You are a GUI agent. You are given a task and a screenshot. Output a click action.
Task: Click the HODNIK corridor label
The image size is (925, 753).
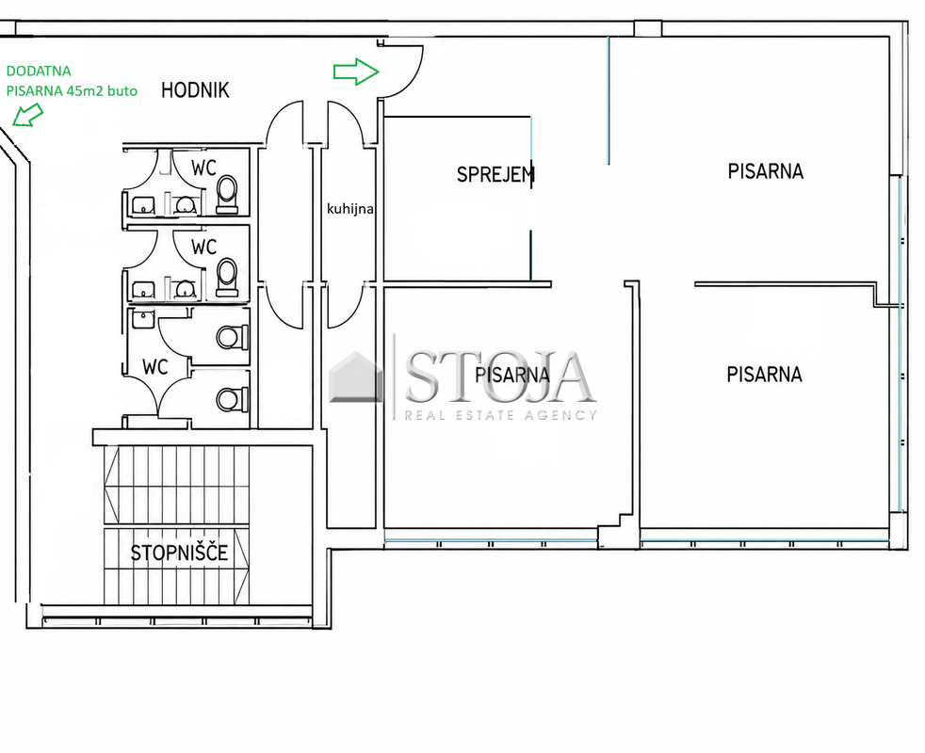[x=195, y=89]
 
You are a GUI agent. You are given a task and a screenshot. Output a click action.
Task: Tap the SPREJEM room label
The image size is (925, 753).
[x=495, y=174]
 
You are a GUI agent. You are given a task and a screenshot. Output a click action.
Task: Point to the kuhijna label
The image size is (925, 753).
[x=350, y=209]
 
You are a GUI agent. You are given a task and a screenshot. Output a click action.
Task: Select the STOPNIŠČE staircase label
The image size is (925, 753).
[x=179, y=553]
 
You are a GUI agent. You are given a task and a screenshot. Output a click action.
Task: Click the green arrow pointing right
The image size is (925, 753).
[x=356, y=72]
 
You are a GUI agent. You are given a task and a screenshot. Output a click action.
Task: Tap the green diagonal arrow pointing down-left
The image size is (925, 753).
[x=27, y=115]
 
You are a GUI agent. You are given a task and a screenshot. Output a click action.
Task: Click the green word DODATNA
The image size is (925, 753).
[x=39, y=71]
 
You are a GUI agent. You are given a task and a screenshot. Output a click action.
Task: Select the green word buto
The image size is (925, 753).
[x=122, y=90]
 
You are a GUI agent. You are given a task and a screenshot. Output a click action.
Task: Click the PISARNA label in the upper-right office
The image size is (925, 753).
[x=765, y=171]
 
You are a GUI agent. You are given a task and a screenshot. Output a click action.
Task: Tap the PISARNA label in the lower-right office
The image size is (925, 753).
[x=764, y=374]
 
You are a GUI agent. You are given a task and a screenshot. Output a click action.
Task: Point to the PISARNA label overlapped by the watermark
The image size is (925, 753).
[x=512, y=375]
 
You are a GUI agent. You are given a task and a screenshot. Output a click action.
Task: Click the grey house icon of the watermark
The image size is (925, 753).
[x=356, y=376]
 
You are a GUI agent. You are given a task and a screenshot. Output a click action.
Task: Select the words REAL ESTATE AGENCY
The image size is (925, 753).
[x=501, y=415]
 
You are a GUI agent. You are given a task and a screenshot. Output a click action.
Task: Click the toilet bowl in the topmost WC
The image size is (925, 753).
[x=227, y=194]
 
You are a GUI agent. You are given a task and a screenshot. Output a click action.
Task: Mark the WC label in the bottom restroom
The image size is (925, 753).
[x=155, y=367]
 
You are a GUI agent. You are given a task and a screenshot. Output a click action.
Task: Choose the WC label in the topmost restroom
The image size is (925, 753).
[x=203, y=168]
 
